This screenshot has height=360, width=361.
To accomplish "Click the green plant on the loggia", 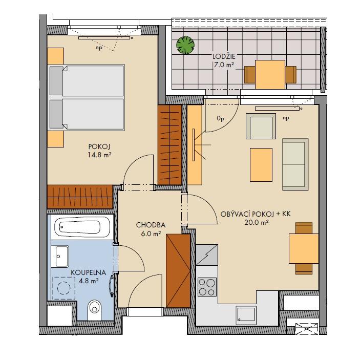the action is click(185, 45).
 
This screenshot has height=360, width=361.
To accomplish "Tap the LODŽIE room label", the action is click(224, 57).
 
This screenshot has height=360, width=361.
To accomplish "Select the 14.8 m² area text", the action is click(99, 155).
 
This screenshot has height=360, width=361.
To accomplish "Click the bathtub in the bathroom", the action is click(82, 227).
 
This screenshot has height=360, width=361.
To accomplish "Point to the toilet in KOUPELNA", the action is click(94, 310).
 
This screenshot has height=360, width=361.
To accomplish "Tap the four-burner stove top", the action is click(207, 287).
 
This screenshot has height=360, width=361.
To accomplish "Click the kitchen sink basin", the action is click(246, 314).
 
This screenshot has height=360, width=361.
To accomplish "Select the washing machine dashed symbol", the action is click(64, 288).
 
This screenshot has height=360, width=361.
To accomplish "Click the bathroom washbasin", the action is click(59, 256).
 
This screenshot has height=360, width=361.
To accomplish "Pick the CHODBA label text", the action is click(151, 225).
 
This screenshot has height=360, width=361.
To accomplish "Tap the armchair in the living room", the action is click(261, 126).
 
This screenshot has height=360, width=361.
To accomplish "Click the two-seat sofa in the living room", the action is click(295, 164).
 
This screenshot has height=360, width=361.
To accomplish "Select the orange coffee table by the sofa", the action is click(261, 165).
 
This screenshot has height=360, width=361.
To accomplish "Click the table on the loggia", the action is click(270, 75).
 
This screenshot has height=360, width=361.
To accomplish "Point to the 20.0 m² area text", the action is click(257, 223).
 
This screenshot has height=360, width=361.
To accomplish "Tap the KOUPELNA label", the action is click(89, 272).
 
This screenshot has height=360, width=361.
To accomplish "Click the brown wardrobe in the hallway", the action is click(178, 271).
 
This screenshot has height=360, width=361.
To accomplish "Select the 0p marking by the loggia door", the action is click(220, 118).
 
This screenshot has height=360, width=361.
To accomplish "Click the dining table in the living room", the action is click(304, 248).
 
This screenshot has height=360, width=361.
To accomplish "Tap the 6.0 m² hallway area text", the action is click(151, 234).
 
